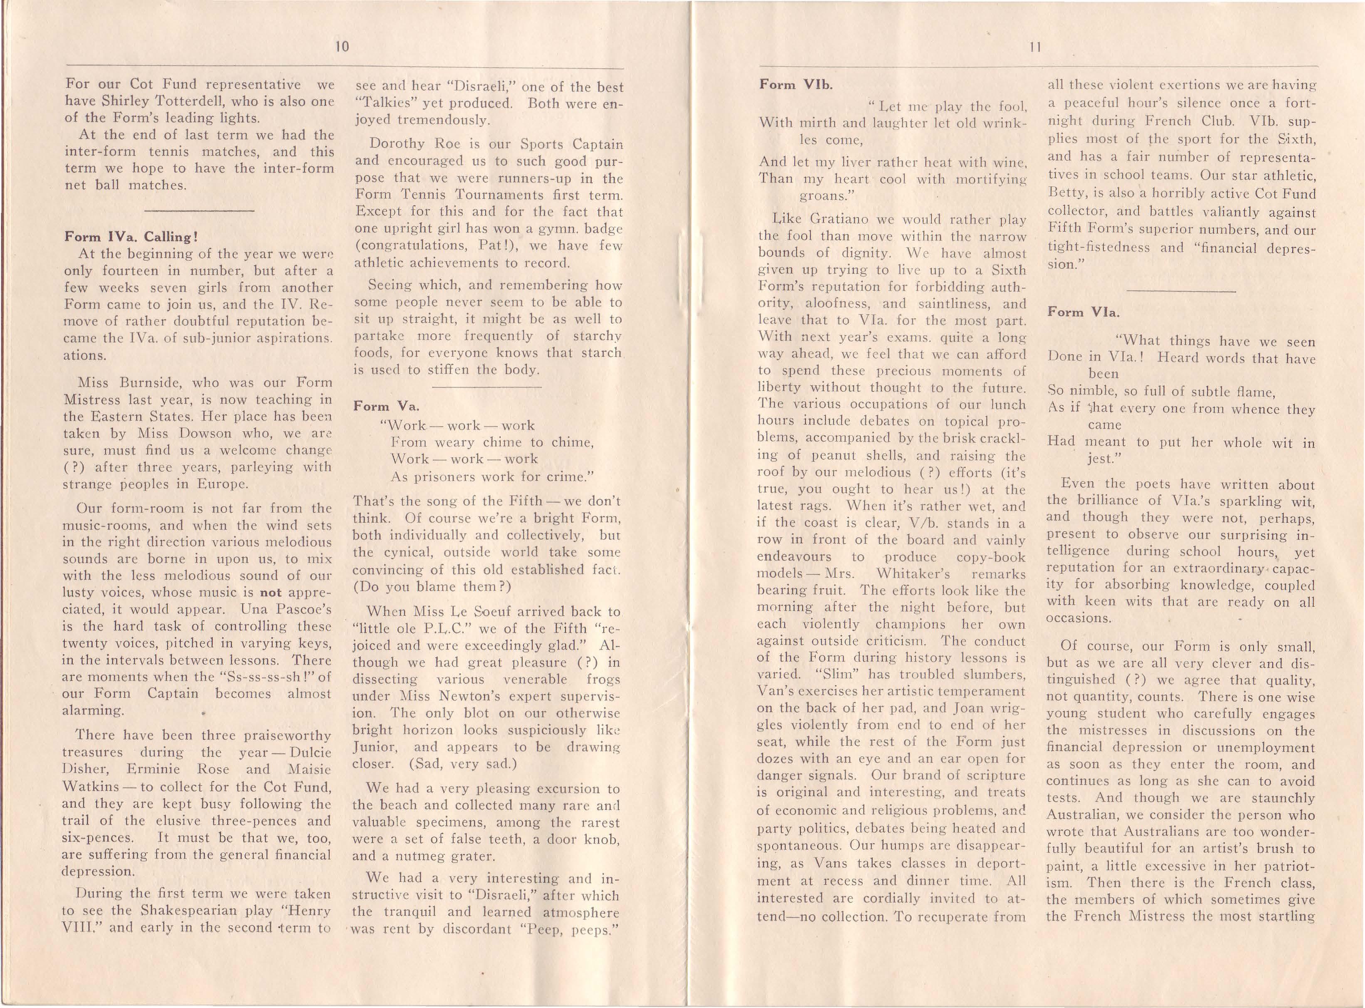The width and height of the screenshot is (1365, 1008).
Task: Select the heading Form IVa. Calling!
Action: [x=131, y=237]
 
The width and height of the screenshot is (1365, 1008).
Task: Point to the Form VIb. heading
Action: [x=795, y=85]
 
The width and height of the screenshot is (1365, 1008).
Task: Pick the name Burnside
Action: [x=145, y=383]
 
